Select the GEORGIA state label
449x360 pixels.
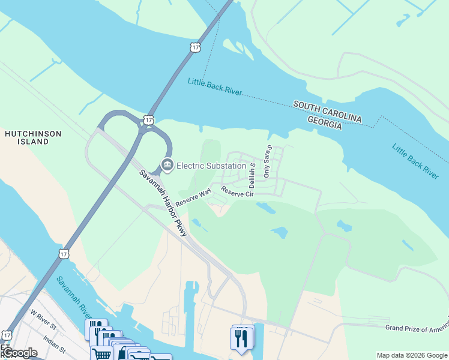point(325,122)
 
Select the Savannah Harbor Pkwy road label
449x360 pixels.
point(164,202)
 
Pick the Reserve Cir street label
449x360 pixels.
point(238,191)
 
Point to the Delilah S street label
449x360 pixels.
point(253,172)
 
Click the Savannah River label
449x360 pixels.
point(74,298)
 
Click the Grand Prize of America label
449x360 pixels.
point(417,329)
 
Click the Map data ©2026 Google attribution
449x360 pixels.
point(412,355)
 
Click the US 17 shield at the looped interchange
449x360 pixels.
point(148,120)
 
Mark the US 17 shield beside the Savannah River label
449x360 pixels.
point(64,254)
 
